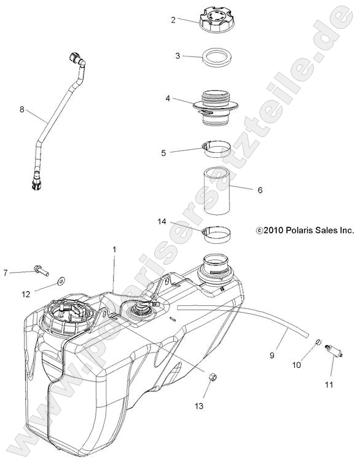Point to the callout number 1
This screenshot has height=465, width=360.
tap(114, 249)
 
